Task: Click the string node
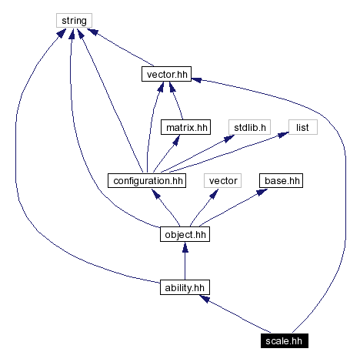click(74, 21)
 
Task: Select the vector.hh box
click(165, 75)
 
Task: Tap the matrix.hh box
click(185, 127)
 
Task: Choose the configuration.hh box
click(147, 181)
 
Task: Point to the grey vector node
click(223, 181)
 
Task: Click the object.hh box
click(185, 233)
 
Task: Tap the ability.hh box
click(185, 287)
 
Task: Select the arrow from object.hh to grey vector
click(203, 208)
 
